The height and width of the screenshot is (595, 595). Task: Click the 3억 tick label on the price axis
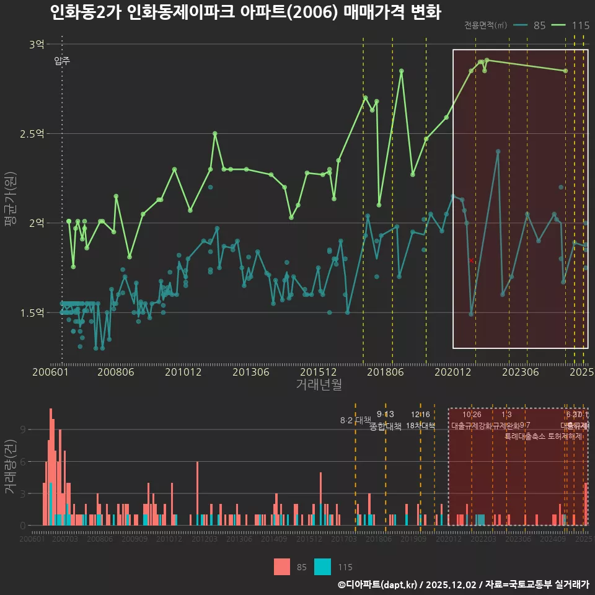tap(37, 44)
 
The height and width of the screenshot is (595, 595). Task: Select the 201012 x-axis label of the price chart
tap(183, 372)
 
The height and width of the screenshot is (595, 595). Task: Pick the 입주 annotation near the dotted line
tap(62, 61)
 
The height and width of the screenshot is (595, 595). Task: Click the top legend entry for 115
tap(570, 25)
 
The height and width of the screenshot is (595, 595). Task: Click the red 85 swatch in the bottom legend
tap(282, 566)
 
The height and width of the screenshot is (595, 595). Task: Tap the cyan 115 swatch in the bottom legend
tap(323, 566)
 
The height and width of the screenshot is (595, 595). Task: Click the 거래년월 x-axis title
tap(319, 385)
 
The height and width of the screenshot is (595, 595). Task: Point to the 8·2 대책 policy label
tap(355, 420)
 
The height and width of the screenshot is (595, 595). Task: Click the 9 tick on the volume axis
tap(22, 430)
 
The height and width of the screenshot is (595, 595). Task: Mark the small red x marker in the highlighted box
tap(471, 261)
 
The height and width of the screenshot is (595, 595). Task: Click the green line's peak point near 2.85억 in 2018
tap(402, 71)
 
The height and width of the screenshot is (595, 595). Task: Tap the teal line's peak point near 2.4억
tap(498, 151)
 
